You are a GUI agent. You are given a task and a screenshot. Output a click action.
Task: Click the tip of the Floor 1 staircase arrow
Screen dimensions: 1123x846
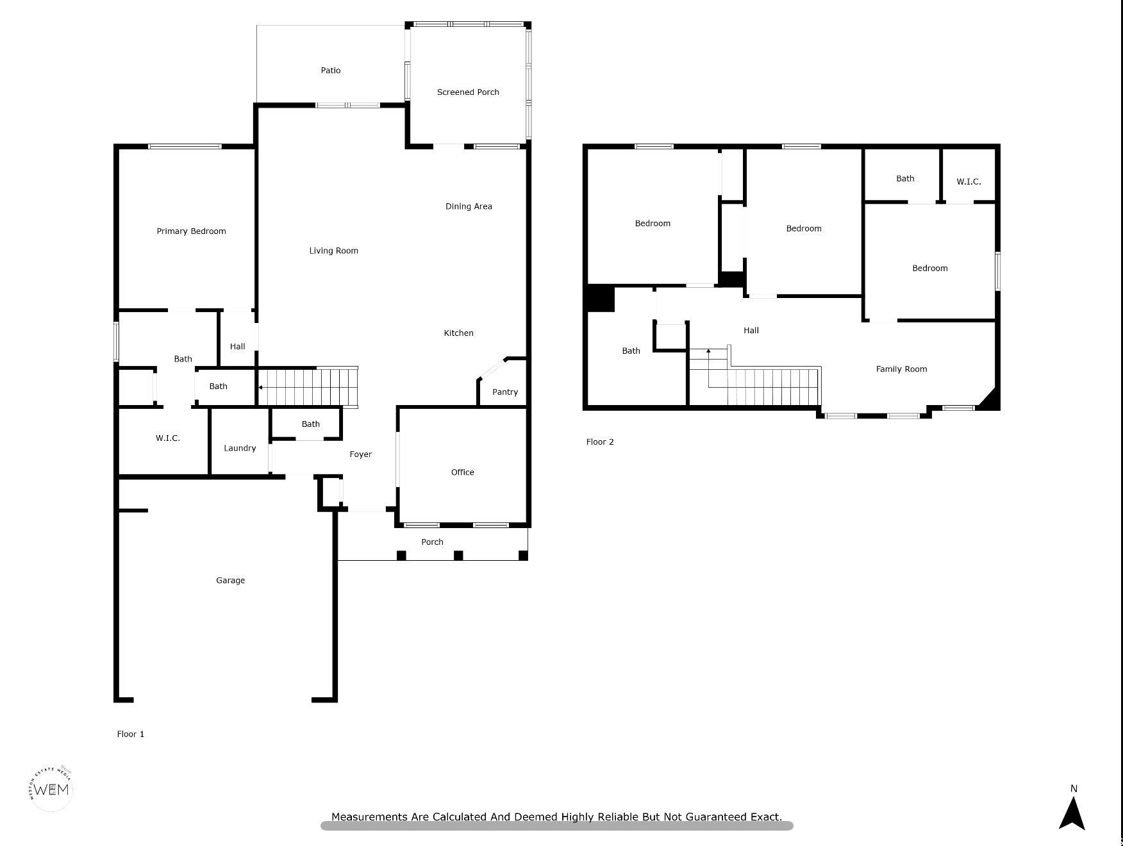tap(258, 388)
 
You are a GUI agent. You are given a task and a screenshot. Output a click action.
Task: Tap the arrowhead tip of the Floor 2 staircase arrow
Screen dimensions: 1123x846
tap(708, 349)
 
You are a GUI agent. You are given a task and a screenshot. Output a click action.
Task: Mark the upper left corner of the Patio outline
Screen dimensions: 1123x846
tap(257, 26)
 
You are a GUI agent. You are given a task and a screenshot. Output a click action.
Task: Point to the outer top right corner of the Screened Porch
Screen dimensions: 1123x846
tap(531, 22)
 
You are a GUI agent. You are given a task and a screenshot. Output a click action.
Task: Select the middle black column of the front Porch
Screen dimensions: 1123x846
tap(458, 555)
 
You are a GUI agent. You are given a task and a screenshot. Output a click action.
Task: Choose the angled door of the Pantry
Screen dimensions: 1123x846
tap(493, 370)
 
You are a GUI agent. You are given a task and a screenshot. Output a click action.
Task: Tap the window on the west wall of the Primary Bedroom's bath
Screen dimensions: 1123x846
tap(117, 342)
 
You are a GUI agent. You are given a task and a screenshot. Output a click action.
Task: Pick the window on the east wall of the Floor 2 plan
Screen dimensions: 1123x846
tap(997, 272)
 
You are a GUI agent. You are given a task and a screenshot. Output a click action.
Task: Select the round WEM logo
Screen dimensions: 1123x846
tap(51, 789)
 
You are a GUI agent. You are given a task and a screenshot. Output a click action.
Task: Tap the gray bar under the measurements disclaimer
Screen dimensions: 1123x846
tap(556, 826)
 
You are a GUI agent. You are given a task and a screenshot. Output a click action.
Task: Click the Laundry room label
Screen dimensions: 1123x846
tap(240, 448)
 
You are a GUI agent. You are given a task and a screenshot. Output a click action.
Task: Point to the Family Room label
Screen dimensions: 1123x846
tap(901, 369)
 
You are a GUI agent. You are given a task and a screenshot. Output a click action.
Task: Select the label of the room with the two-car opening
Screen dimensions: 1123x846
tap(230, 581)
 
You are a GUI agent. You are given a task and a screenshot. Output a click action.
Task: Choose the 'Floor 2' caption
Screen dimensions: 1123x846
tap(600, 442)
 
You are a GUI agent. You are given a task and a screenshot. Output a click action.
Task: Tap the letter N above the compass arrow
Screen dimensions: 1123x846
tap(1074, 788)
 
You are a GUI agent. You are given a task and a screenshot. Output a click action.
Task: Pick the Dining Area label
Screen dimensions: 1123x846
tap(469, 206)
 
